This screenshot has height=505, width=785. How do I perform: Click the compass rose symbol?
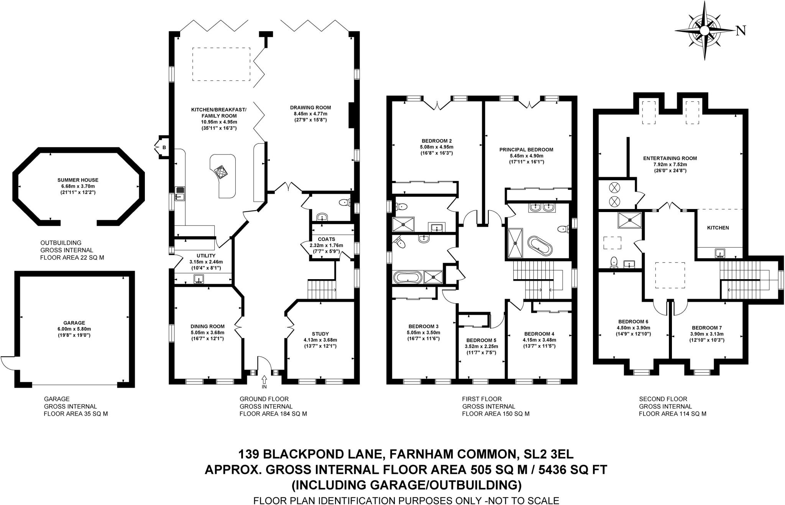(x=705, y=31)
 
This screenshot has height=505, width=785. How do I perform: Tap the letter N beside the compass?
(x=741, y=31)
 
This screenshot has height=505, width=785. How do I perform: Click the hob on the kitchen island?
(x=221, y=171)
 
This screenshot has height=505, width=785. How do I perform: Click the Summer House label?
(x=78, y=180)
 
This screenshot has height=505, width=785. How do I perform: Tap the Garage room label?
(x=74, y=323)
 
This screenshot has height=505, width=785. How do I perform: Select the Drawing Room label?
(x=310, y=108)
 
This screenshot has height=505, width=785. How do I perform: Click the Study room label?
(x=320, y=334)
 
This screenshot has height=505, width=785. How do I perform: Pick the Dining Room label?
(x=207, y=327)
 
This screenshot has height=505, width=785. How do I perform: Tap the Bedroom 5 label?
(x=481, y=340)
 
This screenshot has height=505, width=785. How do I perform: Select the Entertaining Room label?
(x=670, y=158)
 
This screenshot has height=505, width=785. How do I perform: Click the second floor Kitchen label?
(x=718, y=228)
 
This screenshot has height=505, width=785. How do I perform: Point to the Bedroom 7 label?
(x=707, y=328)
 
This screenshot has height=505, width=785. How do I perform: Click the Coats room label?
(x=326, y=239)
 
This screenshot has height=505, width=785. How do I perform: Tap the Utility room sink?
(x=199, y=279)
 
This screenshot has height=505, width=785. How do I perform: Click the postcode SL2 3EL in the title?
(x=549, y=454)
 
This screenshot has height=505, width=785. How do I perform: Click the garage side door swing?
(x=8, y=363)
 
